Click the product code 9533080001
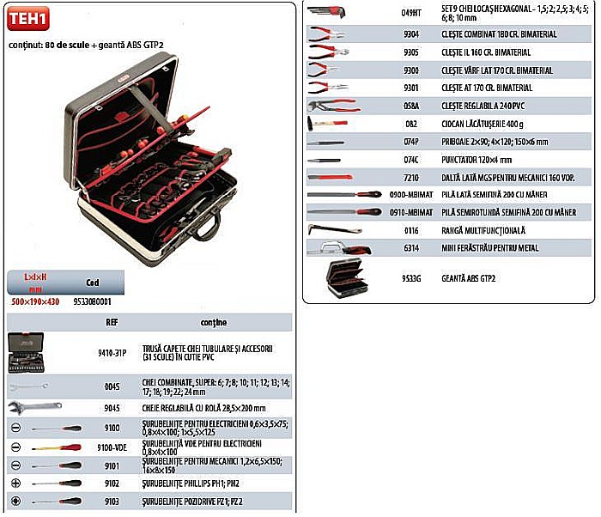[94, 302]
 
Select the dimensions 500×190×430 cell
[35, 302]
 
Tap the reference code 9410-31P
[112, 351]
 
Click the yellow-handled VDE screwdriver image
[57, 447]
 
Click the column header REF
[112, 324]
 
